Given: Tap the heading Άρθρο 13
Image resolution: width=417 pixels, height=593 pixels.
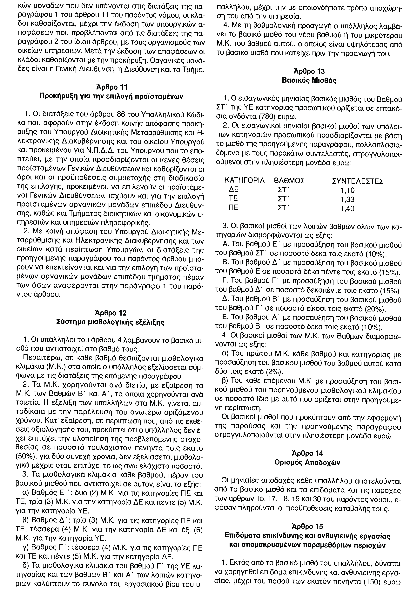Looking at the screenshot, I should (x=309, y=71).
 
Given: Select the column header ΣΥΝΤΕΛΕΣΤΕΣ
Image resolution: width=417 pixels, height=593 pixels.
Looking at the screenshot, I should (x=357, y=181).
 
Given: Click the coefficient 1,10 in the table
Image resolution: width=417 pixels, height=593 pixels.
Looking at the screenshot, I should (x=348, y=190).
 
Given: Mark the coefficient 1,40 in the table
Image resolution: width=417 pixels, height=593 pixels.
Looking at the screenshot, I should (x=348, y=208).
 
